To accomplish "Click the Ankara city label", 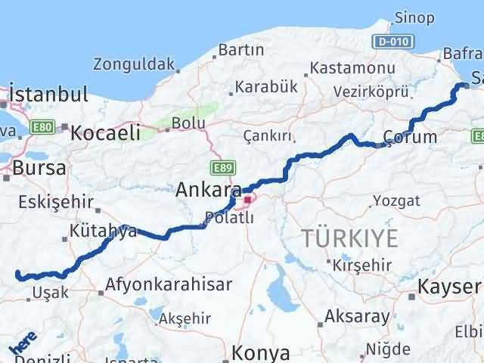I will [x=208, y=190].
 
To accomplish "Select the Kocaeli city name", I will [x=106, y=133].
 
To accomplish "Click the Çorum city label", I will [x=409, y=137].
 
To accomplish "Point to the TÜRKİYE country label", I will [x=349, y=238].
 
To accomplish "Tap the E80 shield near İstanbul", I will [x=43, y=129].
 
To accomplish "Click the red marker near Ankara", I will [x=247, y=200].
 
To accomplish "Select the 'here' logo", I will [x=23, y=344].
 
